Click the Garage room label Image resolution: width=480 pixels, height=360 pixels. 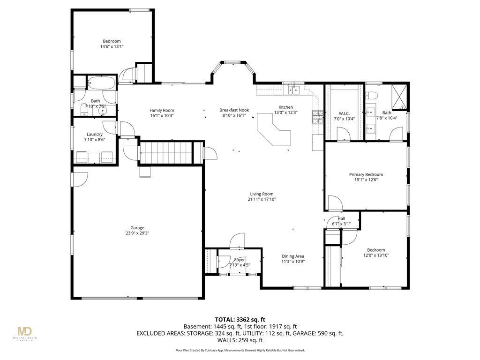click(137, 228)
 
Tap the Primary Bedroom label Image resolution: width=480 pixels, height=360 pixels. click(366, 174)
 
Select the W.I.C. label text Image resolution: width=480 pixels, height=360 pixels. click(345, 113)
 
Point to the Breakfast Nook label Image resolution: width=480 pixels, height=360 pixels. click(234, 110)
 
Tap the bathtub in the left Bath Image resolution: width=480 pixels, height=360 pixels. click(101, 84)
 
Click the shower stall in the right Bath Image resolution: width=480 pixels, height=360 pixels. click(400, 97)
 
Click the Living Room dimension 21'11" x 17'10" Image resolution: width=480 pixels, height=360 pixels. click(261, 199)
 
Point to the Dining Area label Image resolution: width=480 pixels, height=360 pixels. click(293, 256)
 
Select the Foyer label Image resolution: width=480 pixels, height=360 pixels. click(240, 260)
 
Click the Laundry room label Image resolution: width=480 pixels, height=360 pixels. click(95, 134)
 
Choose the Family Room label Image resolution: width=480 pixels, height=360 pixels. click(162, 110)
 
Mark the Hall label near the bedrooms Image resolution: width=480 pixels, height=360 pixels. click(341, 218)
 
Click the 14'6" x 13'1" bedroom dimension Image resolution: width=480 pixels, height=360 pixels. click(112, 46)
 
